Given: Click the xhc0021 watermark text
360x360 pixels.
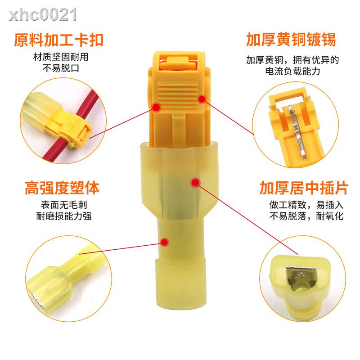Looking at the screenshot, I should point(40,15).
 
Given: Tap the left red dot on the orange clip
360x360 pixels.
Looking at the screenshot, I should point(156,107).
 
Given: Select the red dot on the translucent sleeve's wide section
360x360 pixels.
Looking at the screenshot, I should point(194,182).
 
